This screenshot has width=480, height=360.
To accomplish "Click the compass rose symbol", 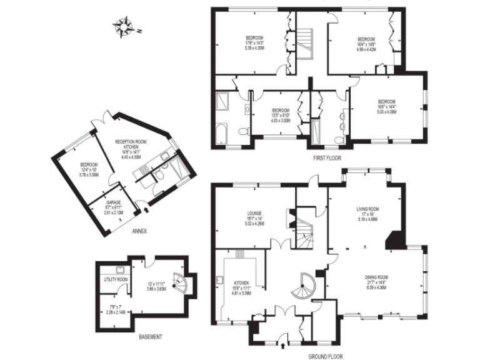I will click(124, 27).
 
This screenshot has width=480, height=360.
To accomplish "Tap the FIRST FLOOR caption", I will click(327, 159).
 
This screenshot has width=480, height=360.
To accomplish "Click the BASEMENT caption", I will click(150, 337).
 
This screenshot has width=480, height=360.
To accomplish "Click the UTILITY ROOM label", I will click(115, 279).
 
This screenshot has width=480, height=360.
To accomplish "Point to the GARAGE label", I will click(113, 202).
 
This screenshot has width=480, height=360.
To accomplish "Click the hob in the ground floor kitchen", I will click(239, 254).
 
